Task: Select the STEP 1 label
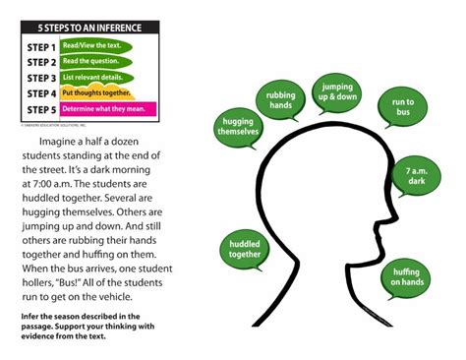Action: point(40,46)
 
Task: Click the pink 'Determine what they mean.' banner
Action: point(107,109)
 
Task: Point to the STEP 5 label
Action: point(40,109)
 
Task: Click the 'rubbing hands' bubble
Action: point(280,101)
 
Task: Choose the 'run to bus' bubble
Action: point(403,108)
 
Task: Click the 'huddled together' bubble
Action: point(245,250)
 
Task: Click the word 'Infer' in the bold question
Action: point(29,316)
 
